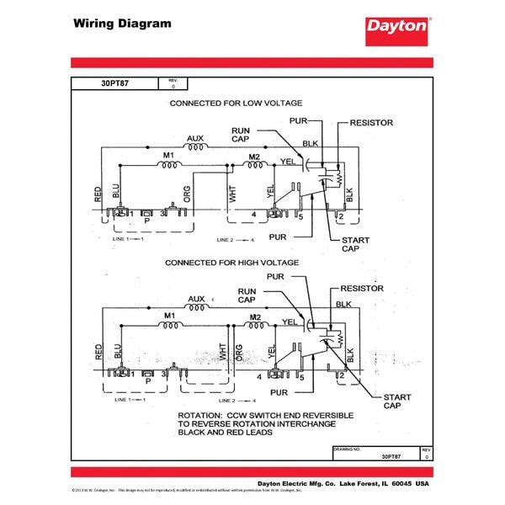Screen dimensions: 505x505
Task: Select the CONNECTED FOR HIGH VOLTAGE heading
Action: coord(231,263)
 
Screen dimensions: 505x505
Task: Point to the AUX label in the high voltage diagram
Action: coord(196,299)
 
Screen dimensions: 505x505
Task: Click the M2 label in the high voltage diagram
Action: coord(255,316)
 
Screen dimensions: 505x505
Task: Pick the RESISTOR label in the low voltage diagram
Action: coord(370,123)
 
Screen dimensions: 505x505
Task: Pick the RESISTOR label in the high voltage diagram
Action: coord(362,289)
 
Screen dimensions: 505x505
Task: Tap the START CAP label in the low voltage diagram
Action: coord(354,245)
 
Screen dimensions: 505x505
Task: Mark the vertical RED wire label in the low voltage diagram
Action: coord(98,195)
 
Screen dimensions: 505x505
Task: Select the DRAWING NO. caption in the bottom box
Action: coord(348,449)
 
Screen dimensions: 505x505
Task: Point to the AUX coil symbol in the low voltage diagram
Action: coord(198,147)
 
